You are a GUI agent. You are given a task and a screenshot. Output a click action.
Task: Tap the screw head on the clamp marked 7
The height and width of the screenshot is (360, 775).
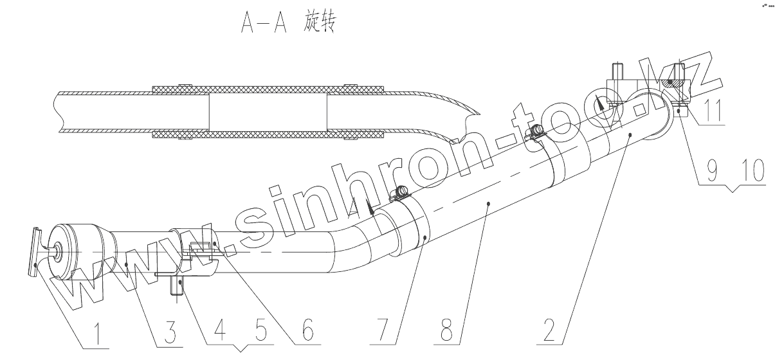pyautogui.click(x=403, y=191)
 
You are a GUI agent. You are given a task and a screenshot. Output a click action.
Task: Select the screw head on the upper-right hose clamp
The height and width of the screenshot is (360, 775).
pyautogui.click(x=534, y=132)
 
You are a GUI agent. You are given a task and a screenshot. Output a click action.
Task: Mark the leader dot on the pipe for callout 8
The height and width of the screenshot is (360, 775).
pyautogui.click(x=489, y=203)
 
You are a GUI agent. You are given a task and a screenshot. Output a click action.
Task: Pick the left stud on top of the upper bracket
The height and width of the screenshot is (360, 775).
pyautogui.click(x=617, y=70)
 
